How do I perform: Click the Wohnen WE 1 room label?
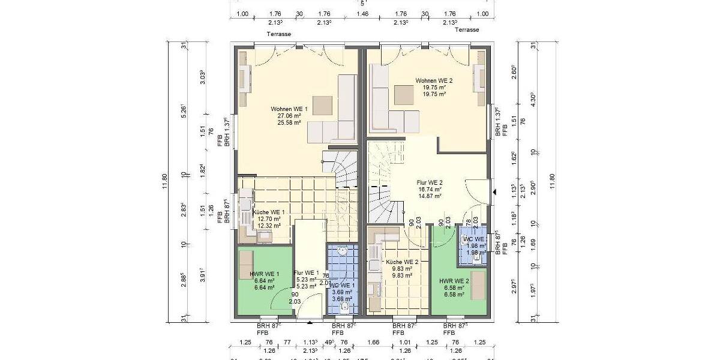click(x=289, y=109)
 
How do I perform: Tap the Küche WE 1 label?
click(x=268, y=212)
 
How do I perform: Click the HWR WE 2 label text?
click(x=454, y=281)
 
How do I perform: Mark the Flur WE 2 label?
click(x=430, y=182)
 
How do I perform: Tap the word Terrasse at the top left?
click(x=279, y=34)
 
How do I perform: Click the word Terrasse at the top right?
click(x=467, y=29)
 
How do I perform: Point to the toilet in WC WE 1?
click(x=344, y=307)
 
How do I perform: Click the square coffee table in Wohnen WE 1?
click(x=322, y=106)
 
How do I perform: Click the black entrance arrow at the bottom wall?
click(x=310, y=323)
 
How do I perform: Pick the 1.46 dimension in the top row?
click(x=362, y=14)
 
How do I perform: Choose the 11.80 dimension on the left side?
click(x=165, y=180)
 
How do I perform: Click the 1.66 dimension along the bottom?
click(x=374, y=342)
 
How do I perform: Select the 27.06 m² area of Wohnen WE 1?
click(x=289, y=115)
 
